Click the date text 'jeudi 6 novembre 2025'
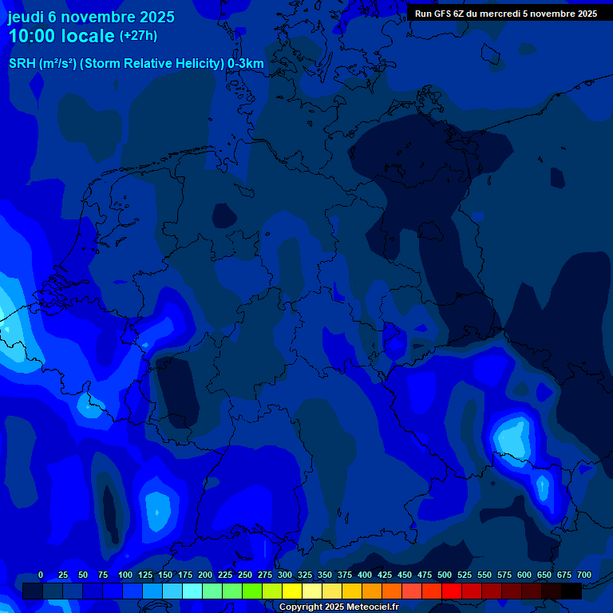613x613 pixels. [91, 17]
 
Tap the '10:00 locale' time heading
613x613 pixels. [61, 36]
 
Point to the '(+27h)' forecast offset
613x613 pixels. [138, 36]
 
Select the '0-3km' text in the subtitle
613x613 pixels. [246, 64]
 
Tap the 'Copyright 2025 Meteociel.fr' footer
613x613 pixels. [338, 607]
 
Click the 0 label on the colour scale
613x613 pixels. [41, 575]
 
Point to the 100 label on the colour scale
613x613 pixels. [125, 575]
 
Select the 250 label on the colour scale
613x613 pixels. [245, 575]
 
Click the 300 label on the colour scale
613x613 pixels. [285, 575]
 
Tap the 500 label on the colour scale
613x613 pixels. [445, 575]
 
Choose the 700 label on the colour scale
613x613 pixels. [584, 575]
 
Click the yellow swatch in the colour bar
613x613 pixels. [292, 591]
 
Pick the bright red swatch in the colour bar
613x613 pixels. [452, 591]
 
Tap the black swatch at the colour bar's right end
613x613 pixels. [571, 591]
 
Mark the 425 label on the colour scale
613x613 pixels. [385, 575]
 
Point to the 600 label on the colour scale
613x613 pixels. [524, 575]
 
